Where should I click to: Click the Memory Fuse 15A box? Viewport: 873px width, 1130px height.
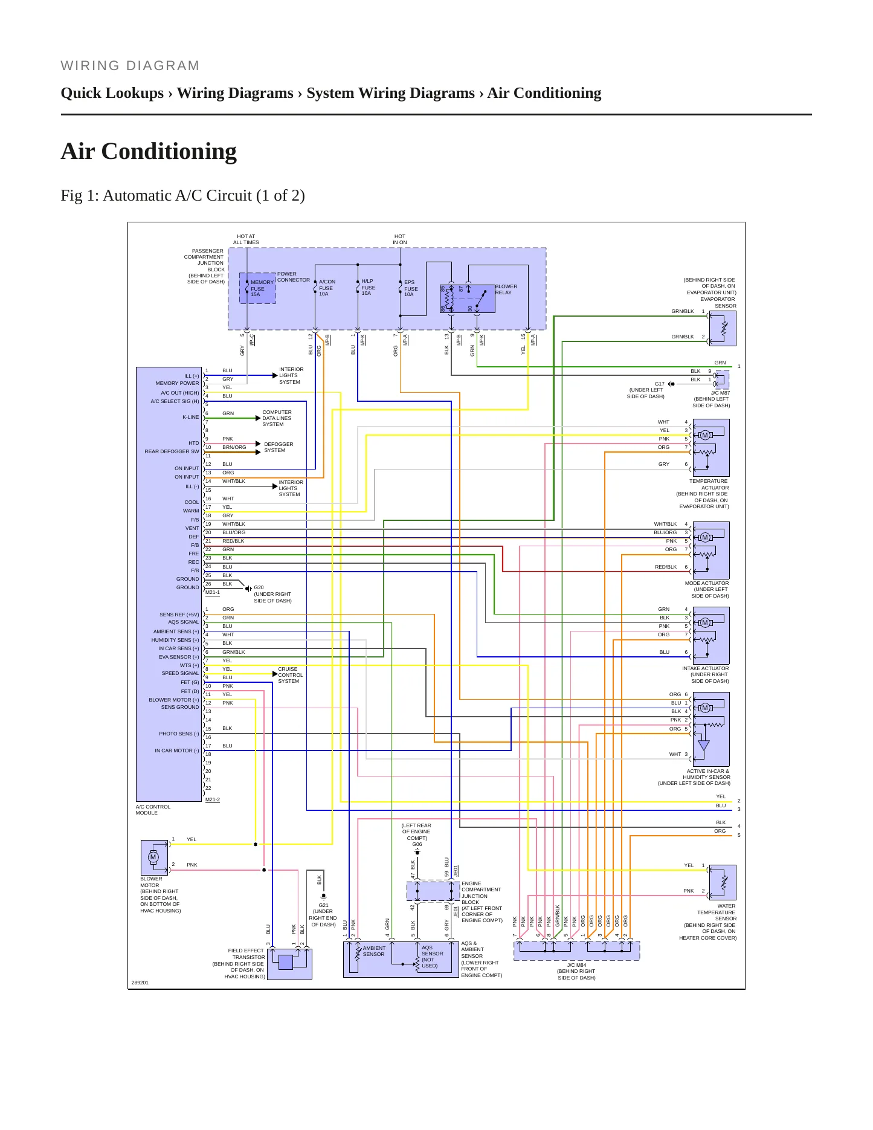tap(258, 288)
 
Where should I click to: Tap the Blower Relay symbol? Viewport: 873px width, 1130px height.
tap(468, 299)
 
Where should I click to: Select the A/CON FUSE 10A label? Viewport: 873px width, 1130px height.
tap(327, 288)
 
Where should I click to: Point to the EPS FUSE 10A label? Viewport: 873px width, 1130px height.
tap(411, 288)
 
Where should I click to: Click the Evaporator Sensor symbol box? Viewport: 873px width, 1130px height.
tap(723, 328)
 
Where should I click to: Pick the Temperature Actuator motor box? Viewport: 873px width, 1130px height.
tap(711, 448)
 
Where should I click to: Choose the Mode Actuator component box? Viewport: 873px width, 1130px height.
tap(711, 550)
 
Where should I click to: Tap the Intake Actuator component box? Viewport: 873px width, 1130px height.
tap(711, 636)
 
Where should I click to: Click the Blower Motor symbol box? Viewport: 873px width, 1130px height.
tap(154, 857)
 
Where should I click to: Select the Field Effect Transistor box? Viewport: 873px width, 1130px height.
tap(289, 963)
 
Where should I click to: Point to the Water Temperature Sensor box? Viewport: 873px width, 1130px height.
tap(723, 882)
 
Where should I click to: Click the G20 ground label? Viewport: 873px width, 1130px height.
tap(259, 587)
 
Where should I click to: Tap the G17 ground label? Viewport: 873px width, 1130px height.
tap(660, 384)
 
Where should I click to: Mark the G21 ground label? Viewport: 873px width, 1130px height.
tap(324, 905)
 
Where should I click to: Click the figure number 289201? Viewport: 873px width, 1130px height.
tap(140, 983)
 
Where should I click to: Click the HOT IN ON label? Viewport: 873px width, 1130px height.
tap(400, 239)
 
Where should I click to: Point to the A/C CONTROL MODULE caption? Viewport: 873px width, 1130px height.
tap(153, 810)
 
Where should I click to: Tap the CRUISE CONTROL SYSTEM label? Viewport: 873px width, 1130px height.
tap(291, 675)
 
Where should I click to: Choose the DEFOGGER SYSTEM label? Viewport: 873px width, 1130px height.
tap(279, 447)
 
